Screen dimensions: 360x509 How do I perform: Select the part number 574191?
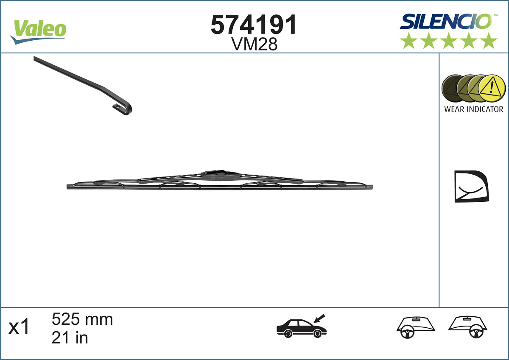[x=254, y=25]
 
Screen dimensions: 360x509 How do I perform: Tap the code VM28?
[x=254, y=44]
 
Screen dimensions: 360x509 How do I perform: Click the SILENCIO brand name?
[x=446, y=22]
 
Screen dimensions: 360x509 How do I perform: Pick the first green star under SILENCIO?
[x=408, y=41]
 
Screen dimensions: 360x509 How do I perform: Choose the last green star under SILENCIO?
[x=489, y=41]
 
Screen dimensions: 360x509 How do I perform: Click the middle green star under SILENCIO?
[x=449, y=41]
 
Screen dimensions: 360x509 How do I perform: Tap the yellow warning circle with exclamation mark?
[x=492, y=89]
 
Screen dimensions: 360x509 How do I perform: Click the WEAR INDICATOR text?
[x=473, y=109]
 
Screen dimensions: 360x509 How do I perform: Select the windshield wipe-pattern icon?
[x=470, y=187]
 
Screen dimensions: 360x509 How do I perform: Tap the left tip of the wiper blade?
[x=69, y=187]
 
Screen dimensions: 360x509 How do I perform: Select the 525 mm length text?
[x=82, y=319]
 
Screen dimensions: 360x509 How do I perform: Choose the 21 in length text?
[x=70, y=338]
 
